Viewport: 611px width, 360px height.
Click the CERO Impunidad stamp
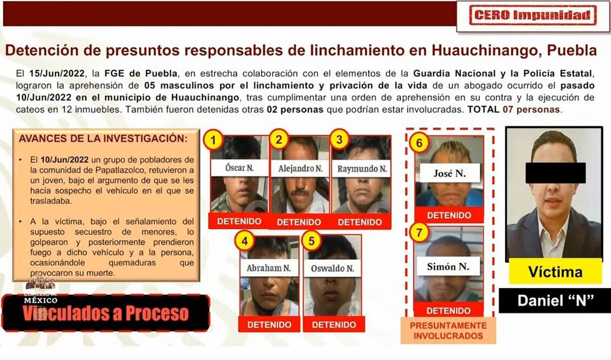point(533,16)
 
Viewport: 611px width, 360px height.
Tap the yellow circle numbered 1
point(213,139)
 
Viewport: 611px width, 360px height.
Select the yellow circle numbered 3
point(339,139)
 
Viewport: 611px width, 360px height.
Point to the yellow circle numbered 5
point(311,241)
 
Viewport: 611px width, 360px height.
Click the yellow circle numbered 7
point(419,233)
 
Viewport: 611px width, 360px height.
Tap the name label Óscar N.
point(239,168)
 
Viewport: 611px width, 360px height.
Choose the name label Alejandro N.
point(300,169)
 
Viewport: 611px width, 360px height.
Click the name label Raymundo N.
point(362,169)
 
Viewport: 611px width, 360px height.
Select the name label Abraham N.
point(268,268)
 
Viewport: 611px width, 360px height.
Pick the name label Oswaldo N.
point(332,268)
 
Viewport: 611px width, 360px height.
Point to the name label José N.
point(449,173)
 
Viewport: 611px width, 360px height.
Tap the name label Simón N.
point(448,267)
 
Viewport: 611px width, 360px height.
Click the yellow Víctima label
point(555,271)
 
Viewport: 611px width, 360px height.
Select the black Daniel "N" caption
point(555,301)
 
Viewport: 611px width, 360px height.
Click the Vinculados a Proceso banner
point(105,313)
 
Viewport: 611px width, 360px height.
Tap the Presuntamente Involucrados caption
point(448,330)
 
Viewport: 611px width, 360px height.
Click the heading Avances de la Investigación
point(103,138)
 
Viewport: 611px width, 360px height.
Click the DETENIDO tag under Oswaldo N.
point(334,324)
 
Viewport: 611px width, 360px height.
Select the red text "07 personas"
point(532,110)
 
